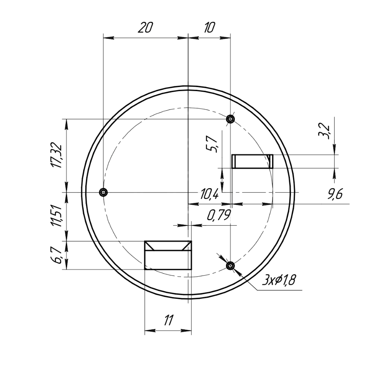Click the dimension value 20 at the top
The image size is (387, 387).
pyautogui.click(x=146, y=28)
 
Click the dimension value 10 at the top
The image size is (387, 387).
pyautogui.click(x=209, y=28)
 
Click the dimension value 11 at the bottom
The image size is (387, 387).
pyautogui.click(x=168, y=320)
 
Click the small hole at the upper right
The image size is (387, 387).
pyautogui.click(x=230, y=118)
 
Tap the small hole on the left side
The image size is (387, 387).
pyautogui.click(x=103, y=192)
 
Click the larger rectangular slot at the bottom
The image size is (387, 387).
pyautogui.click(x=168, y=255)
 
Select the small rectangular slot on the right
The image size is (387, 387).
pyautogui.click(x=252, y=161)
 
